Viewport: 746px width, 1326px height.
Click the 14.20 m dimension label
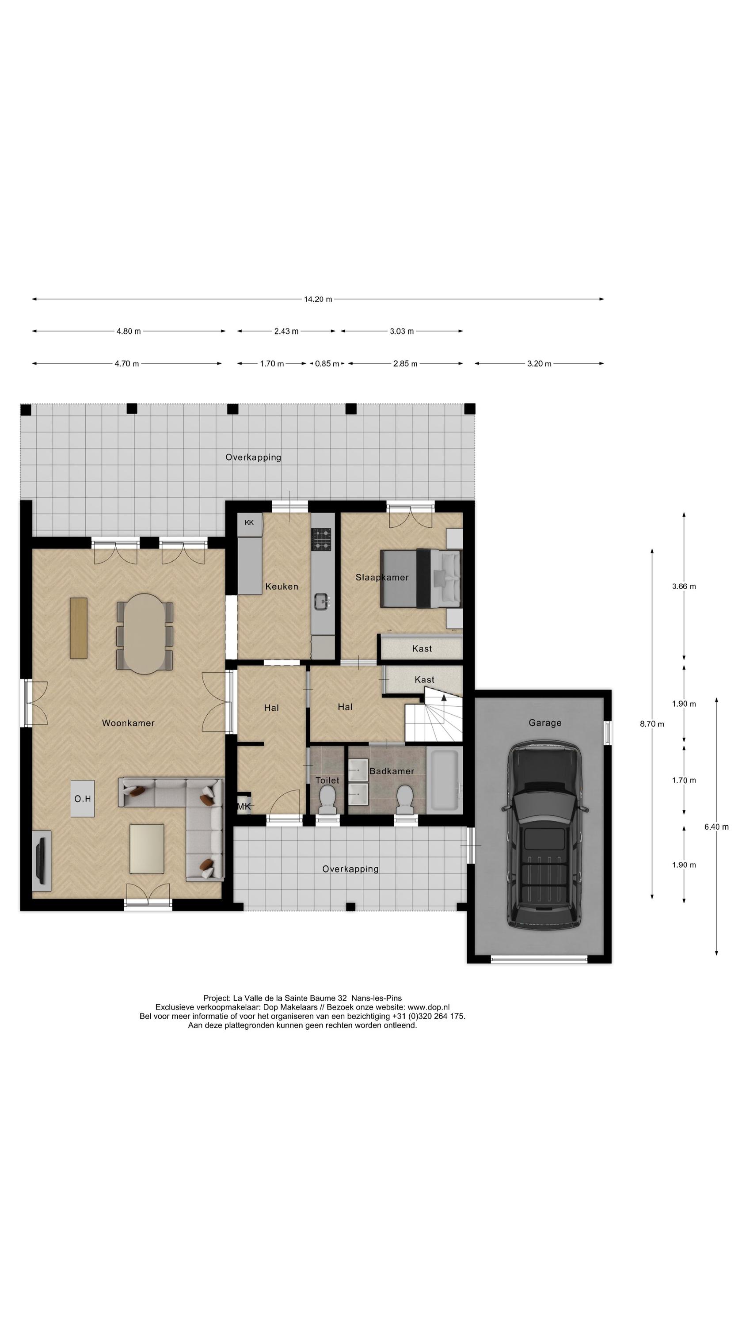[317, 299]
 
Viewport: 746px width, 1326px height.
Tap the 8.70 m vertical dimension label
[651, 724]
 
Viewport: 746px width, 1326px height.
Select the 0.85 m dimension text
[327, 364]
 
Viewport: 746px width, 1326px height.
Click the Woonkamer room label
[128, 723]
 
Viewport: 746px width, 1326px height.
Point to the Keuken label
[281, 586]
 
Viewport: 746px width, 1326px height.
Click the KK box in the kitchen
[249, 522]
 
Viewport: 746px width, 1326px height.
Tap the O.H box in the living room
[82, 799]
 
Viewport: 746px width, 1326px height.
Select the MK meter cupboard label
[244, 806]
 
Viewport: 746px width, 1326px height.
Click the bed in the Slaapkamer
[420, 579]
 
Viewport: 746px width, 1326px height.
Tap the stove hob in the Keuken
[321, 539]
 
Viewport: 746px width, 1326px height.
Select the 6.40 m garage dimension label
[716, 827]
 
